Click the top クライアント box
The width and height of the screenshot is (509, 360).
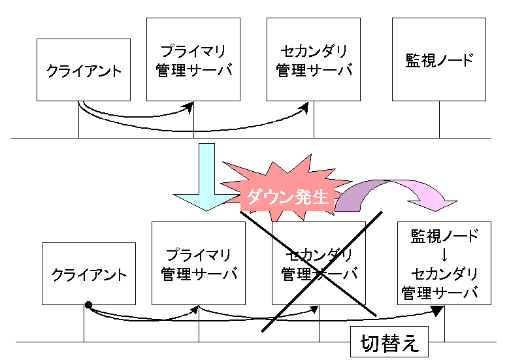[84, 70]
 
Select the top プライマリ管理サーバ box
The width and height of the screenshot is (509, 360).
[193, 59]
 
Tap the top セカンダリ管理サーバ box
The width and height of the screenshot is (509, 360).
[314, 59]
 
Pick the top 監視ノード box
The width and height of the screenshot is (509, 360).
[438, 59]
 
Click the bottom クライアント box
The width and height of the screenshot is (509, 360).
[88, 274]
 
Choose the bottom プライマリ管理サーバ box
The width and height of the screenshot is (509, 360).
[199, 263]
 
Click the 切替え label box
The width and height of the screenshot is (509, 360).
[389, 343]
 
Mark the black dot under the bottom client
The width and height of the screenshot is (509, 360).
[88, 305]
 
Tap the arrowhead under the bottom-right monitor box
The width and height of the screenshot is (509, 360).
[437, 309]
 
